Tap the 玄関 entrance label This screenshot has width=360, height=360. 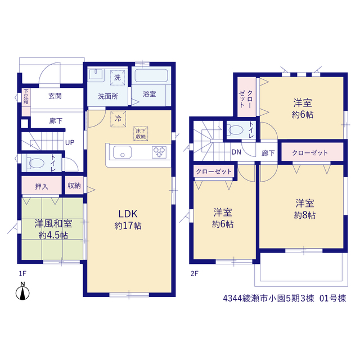(x=55, y=96)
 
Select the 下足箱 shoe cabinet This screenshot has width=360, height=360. (x=26, y=102)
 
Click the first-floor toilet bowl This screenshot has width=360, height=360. (x=36, y=163)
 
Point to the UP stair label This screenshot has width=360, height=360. (x=70, y=143)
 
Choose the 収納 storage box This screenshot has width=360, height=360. (x=74, y=185)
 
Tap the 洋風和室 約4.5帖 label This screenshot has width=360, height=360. (x=53, y=229)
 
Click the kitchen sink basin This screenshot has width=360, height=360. (x=123, y=152)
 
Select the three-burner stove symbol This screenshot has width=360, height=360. (x=159, y=152)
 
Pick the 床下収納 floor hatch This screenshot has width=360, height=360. (x=141, y=133)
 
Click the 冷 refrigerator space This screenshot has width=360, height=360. (x=118, y=119)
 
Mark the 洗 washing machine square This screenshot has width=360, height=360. (x=118, y=78)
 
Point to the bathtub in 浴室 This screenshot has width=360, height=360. (x=151, y=75)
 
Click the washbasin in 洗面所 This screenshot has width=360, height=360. (x=96, y=74)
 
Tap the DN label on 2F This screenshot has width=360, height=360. (x=236, y=152)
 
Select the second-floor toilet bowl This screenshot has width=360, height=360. (x=236, y=130)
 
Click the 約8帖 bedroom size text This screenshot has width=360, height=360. (x=305, y=215)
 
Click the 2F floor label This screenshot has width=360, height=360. (x=194, y=273)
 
